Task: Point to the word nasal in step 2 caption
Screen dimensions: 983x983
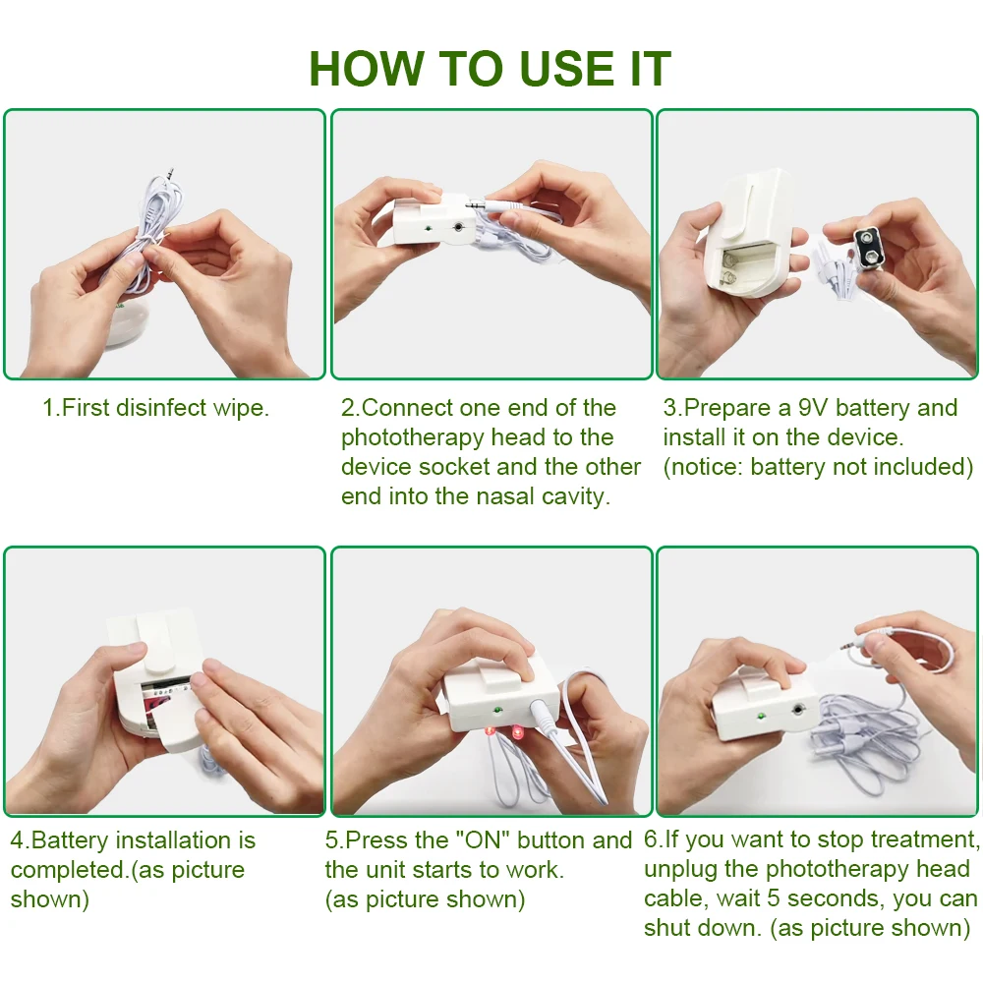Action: click(x=505, y=495)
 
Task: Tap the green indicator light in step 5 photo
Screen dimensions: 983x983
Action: click(x=497, y=711)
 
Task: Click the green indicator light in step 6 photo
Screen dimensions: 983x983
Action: click(x=761, y=716)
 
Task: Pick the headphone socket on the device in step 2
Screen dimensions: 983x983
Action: click(x=459, y=227)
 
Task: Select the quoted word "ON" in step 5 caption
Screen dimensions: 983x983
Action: click(x=482, y=840)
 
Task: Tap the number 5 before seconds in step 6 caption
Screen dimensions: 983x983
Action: click(x=774, y=898)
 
